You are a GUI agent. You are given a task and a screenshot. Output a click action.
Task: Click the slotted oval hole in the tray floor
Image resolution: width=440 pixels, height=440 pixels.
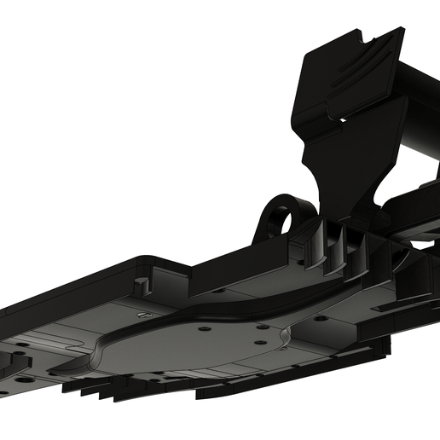pyautogui.click(x=146, y=315)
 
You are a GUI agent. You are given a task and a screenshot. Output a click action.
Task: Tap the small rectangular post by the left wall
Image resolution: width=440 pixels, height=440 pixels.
pyautogui.click(x=143, y=279)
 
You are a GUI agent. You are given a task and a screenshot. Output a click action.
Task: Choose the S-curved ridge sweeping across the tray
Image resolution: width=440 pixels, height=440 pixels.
pyautogui.click(x=230, y=307)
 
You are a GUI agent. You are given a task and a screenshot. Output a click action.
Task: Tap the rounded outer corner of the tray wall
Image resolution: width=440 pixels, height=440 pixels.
pyautogui.click(x=141, y=258)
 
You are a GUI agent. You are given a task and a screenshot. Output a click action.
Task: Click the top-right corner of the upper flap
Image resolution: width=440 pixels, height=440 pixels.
pyautogui.click(x=400, y=32)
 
